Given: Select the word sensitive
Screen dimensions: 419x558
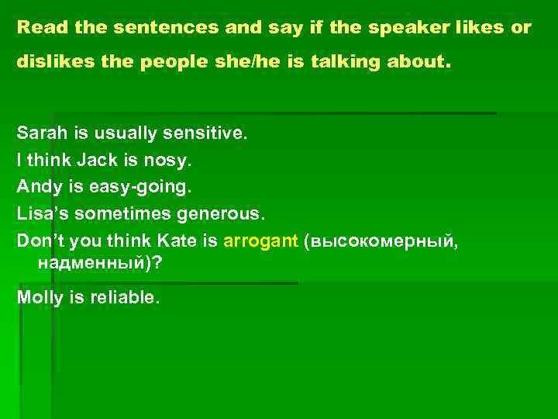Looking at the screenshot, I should (x=205, y=133).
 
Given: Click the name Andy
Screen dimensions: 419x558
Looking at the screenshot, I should (x=37, y=187).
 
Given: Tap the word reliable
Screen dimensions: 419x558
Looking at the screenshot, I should (x=124, y=298).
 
